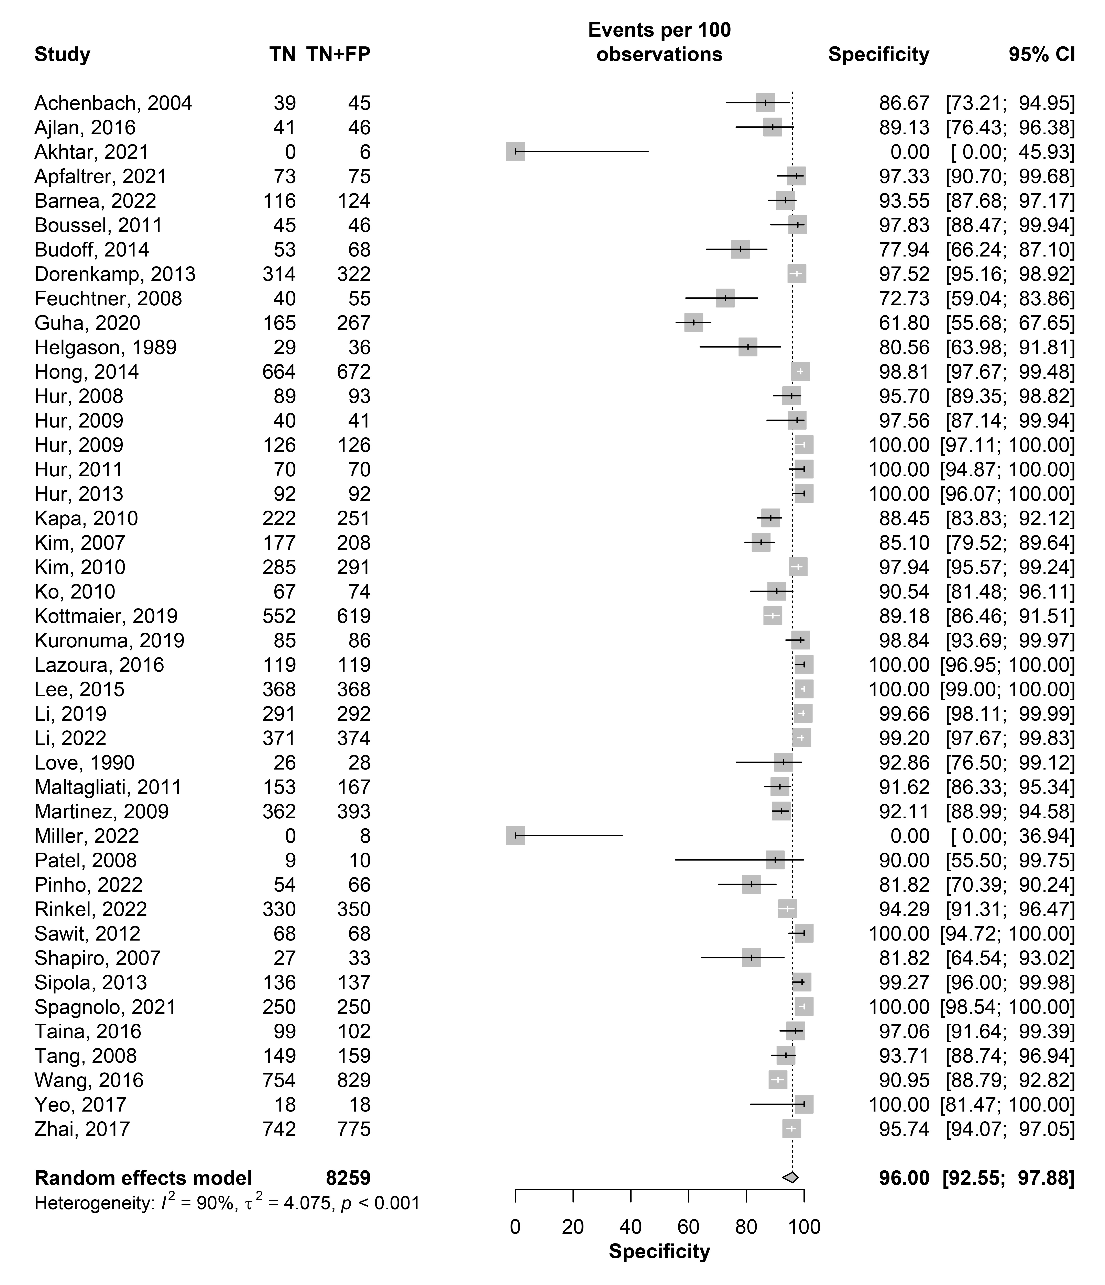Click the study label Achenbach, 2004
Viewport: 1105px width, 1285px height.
113,103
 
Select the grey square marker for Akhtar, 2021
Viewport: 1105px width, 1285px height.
515,152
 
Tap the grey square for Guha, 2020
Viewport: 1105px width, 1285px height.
694,323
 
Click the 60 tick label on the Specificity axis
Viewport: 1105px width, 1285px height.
688,1227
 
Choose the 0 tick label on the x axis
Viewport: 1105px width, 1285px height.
515,1227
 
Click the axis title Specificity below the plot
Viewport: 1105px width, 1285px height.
659,1251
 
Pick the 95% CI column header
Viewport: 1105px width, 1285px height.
1042,55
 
